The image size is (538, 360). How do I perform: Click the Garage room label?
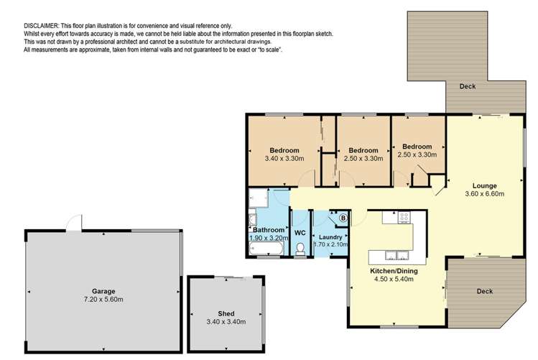(103, 291)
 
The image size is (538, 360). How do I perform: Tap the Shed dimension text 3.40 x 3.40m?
(226, 322)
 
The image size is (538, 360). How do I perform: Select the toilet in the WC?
(300, 249)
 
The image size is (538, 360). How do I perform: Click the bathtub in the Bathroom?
(266, 248)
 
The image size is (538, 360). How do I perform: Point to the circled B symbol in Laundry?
(343, 218)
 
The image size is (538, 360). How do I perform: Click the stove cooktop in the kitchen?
(404, 217)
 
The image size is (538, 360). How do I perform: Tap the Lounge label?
(484, 185)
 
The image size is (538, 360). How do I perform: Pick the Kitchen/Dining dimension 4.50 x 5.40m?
(394, 279)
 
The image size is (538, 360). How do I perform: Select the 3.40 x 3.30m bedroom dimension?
(284, 159)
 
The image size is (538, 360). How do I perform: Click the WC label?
(300, 233)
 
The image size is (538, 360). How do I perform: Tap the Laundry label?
(330, 237)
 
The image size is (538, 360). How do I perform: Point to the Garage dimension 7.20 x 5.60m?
(103, 299)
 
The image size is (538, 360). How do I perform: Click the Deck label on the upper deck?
(468, 86)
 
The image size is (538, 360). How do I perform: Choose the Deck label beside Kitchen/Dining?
(484, 291)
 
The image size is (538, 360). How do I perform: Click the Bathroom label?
(269, 230)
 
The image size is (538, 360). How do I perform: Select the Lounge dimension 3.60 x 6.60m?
(484, 194)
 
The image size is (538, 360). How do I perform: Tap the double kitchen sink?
(396, 255)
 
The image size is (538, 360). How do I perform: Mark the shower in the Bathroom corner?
(259, 198)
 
